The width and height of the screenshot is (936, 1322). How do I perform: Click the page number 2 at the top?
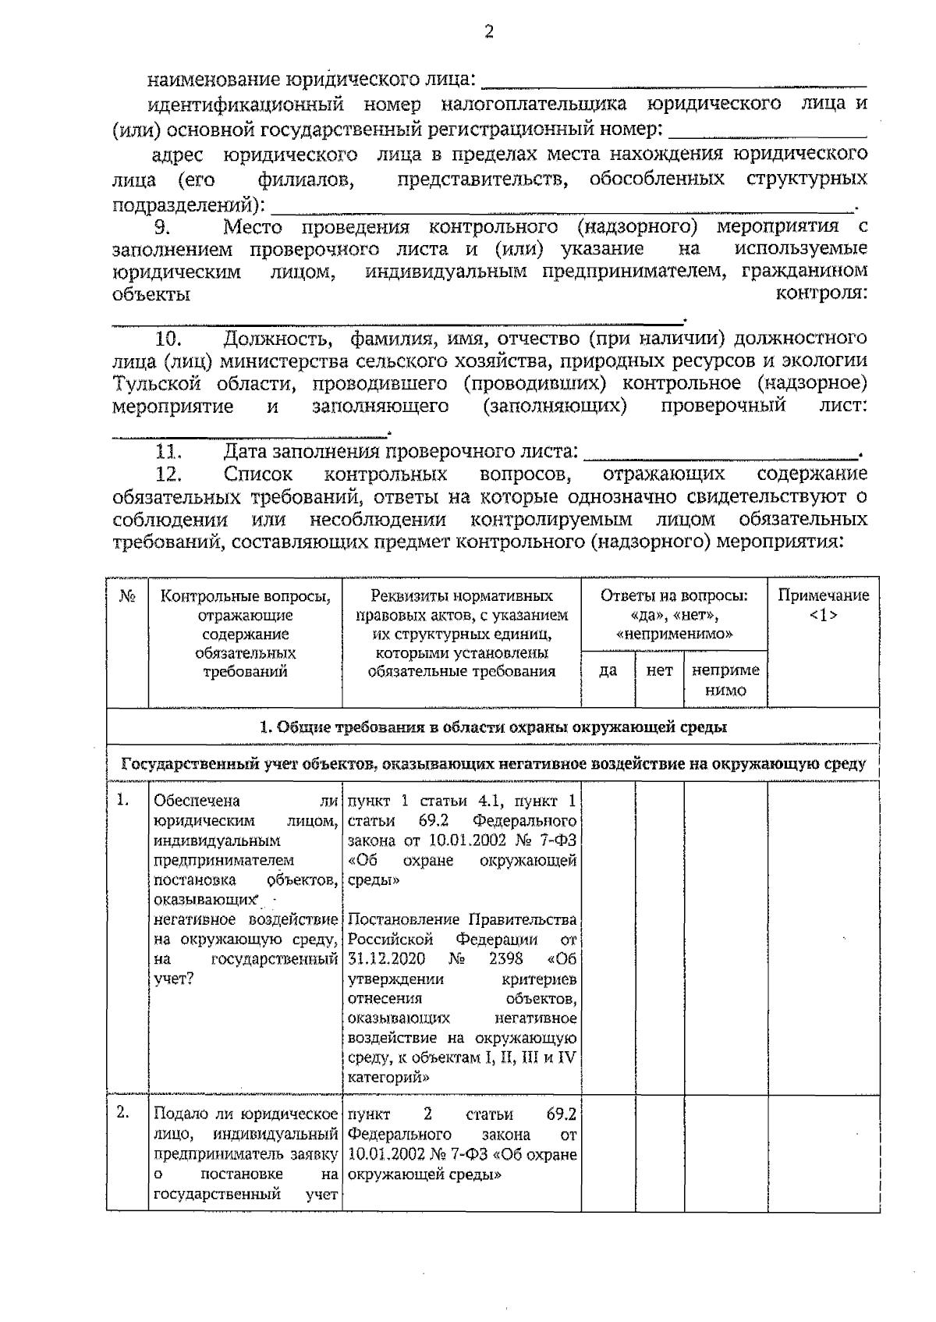(x=489, y=32)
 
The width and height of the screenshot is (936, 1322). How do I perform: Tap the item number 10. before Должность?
(x=168, y=339)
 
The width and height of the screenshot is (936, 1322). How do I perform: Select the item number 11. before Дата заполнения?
(x=168, y=451)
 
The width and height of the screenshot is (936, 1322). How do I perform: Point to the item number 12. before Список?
(x=168, y=474)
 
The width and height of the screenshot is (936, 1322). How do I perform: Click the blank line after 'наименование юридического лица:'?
(x=674, y=81)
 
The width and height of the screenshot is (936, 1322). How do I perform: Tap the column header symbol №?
(x=127, y=596)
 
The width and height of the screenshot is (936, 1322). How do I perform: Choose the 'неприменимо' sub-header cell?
(x=725, y=680)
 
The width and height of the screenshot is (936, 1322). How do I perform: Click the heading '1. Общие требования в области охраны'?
(x=493, y=727)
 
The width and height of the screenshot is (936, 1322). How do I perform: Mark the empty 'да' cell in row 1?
(x=608, y=936)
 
